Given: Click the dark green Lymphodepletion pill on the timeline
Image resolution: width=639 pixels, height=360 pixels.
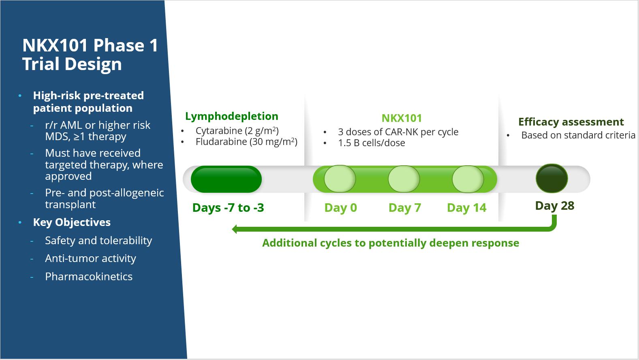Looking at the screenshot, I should point(226,179).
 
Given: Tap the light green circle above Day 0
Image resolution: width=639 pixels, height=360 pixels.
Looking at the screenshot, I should point(340,179).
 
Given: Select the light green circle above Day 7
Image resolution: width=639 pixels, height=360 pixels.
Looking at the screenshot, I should point(404,179).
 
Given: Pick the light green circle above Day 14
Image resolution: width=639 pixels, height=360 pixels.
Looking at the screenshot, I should point(468,179).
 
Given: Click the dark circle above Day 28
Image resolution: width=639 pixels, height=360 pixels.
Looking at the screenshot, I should point(551,178).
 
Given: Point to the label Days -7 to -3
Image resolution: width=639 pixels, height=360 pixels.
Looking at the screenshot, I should point(228,208).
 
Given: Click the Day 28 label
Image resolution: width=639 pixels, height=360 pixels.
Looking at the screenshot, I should point(554,206).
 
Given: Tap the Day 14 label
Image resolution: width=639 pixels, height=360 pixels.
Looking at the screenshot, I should point(466,208).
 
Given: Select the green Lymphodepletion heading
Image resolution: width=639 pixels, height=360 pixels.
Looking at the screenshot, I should point(232,116).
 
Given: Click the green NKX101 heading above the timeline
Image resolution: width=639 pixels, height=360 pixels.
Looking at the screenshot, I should point(402,118).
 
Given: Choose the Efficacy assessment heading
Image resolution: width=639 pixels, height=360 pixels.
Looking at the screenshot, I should point(571,122).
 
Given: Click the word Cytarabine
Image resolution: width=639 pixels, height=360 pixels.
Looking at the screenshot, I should point(219,131).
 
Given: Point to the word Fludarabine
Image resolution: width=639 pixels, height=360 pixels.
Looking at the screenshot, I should point(221,142).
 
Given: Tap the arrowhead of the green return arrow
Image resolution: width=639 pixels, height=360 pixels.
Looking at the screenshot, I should point(235,229).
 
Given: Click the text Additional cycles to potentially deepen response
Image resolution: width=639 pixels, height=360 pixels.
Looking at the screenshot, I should point(390,243).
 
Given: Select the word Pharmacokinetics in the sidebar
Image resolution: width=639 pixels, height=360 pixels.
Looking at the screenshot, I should point(89,277).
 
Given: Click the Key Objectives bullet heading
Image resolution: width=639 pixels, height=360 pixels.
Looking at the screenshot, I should point(72,222).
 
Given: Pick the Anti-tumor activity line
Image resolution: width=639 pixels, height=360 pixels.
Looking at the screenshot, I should point(90,258).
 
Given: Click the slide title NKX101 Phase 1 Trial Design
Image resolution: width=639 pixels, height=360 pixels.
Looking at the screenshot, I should point(90,55).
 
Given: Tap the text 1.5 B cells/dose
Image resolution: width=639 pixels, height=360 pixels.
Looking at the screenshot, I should point(371,143).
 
